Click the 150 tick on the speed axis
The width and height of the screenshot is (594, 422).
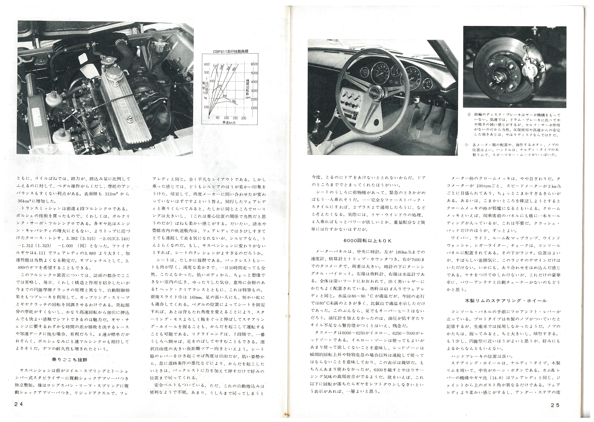(235, 118)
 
